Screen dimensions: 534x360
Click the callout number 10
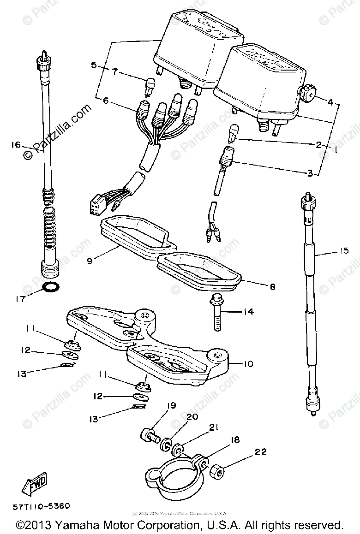click(x=248, y=364)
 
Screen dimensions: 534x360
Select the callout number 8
click(x=272, y=287)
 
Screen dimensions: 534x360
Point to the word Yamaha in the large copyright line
click(x=83, y=525)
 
